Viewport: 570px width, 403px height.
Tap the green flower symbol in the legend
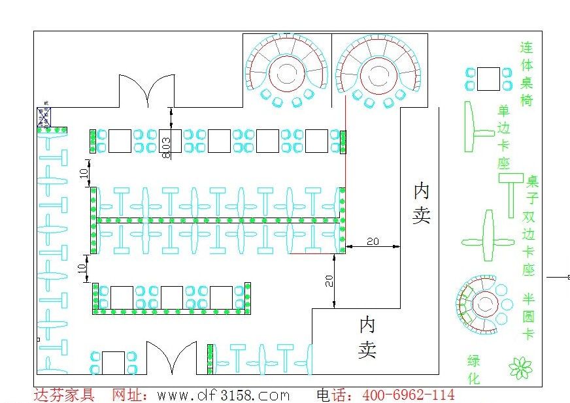521,368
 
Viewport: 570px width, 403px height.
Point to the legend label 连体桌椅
527,74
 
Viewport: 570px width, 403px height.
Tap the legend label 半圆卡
528,316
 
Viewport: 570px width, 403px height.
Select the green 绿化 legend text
474,369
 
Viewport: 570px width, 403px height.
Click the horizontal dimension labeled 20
373,242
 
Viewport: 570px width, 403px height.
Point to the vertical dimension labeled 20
329,280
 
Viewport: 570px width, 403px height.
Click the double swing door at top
150,91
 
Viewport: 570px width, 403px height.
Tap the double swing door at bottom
171,358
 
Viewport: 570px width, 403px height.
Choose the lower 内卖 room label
367,337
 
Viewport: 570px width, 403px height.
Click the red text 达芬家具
64,395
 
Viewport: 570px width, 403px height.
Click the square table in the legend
488,78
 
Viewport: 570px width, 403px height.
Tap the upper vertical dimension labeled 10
83,172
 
